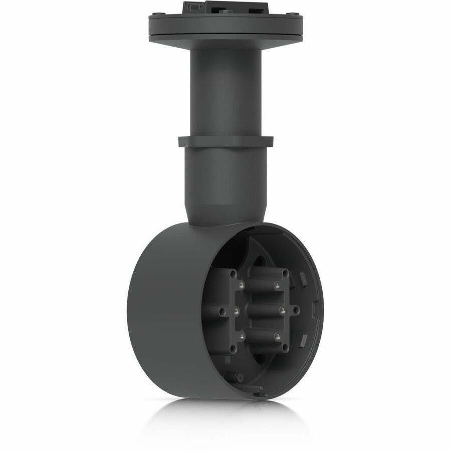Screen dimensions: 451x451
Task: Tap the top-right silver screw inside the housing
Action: (x=276, y=285)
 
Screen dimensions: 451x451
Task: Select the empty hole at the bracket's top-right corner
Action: (x=286, y=274)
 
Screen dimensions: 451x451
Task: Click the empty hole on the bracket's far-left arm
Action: (x=221, y=311)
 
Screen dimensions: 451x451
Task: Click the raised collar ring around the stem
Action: (x=225, y=141)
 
